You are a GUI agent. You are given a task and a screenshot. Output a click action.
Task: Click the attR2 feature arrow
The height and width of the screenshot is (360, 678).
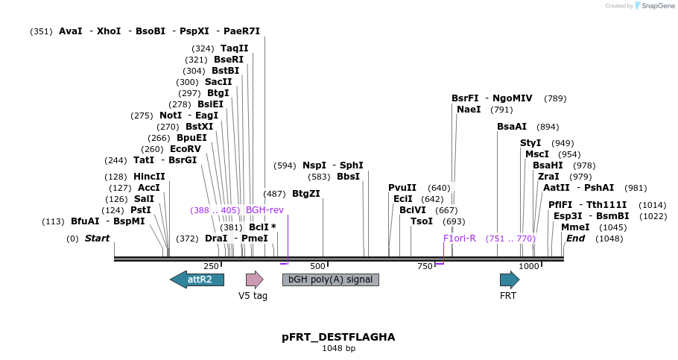click(x=197, y=280)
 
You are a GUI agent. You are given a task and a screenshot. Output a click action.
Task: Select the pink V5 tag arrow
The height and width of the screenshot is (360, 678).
click(x=255, y=280)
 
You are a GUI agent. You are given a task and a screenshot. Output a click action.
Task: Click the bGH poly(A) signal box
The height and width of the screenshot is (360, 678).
click(x=330, y=280)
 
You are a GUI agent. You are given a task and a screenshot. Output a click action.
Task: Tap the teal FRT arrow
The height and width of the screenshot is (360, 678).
click(x=509, y=280)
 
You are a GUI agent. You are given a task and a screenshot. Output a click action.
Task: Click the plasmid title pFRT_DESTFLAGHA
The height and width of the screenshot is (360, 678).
click(x=338, y=337)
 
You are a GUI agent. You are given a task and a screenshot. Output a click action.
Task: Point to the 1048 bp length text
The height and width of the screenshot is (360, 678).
click(x=338, y=348)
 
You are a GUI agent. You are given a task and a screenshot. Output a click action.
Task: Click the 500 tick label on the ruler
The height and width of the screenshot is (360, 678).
click(x=318, y=266)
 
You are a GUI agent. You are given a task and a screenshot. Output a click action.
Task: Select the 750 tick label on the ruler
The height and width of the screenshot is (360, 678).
click(x=425, y=266)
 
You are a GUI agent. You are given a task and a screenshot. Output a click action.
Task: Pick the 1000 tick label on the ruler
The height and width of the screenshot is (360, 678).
click(x=529, y=266)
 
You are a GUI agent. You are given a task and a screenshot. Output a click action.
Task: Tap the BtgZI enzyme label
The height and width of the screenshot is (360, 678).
click(x=305, y=193)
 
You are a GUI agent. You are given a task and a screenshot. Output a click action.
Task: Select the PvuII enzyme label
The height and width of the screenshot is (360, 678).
click(x=402, y=187)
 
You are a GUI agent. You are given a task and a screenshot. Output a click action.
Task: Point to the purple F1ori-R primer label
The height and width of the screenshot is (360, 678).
click(x=460, y=238)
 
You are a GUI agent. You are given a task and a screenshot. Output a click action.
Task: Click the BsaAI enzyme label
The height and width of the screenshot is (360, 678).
click(x=512, y=127)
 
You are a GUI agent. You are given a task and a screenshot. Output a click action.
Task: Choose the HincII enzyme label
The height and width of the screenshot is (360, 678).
click(x=149, y=177)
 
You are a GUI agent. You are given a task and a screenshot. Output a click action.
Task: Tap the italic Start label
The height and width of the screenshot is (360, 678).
click(x=97, y=239)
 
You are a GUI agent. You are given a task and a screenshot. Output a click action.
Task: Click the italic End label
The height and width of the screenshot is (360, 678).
click(x=575, y=239)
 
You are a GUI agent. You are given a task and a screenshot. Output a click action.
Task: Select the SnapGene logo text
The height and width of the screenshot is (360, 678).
click(x=656, y=6)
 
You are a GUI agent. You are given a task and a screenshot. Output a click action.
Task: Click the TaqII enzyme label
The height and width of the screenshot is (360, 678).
click(x=234, y=48)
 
